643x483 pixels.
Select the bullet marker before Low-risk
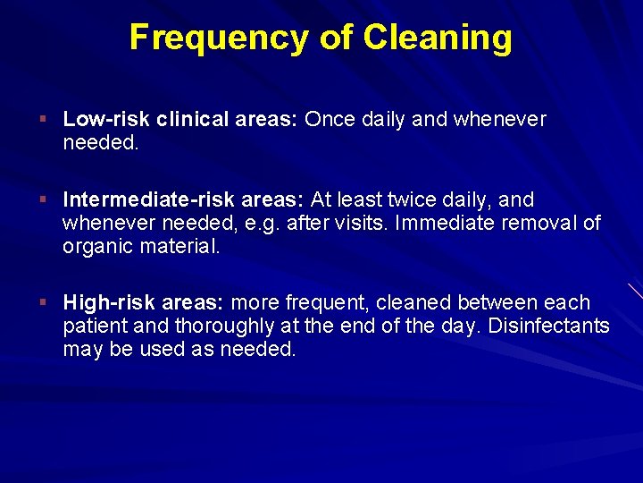click(43, 120)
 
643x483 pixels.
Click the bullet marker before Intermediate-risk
click(43, 200)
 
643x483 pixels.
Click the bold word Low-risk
click(107, 120)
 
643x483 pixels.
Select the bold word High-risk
click(111, 303)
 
